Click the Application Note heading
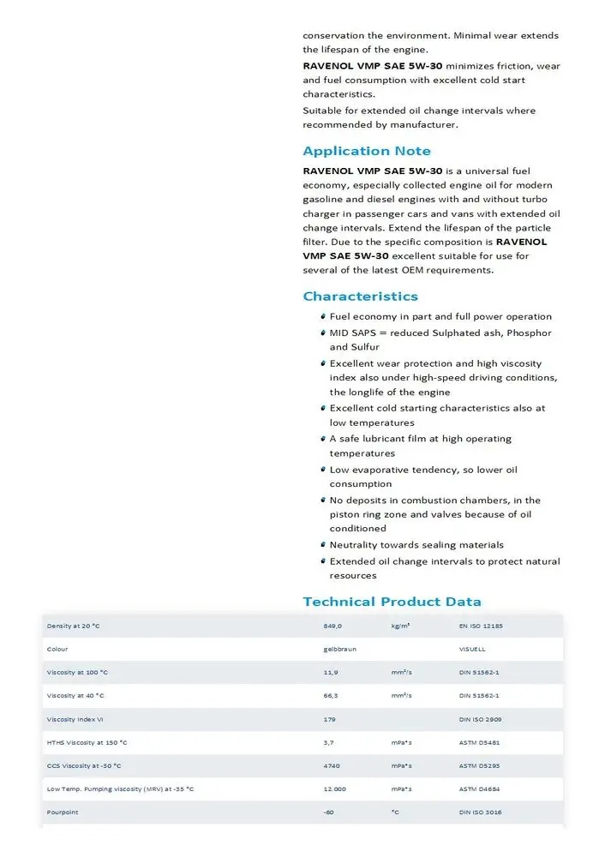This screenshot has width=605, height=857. pyautogui.click(x=367, y=152)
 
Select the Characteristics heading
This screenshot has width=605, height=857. pyautogui.click(x=361, y=297)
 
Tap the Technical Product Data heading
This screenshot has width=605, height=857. pyautogui.click(x=392, y=602)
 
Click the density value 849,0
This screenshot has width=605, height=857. pyautogui.click(x=333, y=626)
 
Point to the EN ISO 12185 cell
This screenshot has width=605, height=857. pyautogui.click(x=482, y=626)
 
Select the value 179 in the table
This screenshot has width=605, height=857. pyautogui.click(x=329, y=719)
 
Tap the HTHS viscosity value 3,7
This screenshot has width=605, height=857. pyautogui.click(x=328, y=742)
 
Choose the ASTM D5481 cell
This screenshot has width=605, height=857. pyautogui.click(x=479, y=742)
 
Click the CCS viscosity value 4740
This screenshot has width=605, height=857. pyautogui.click(x=332, y=765)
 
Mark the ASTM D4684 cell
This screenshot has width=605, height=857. pyautogui.click(x=479, y=788)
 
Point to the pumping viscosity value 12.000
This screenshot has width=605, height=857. pyautogui.click(x=334, y=788)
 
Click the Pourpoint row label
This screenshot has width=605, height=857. pyautogui.click(x=63, y=812)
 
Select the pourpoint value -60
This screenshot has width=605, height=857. pyautogui.click(x=328, y=812)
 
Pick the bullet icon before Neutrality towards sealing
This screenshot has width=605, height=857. pyautogui.click(x=322, y=545)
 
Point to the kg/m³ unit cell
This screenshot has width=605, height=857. pyautogui.click(x=400, y=626)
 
